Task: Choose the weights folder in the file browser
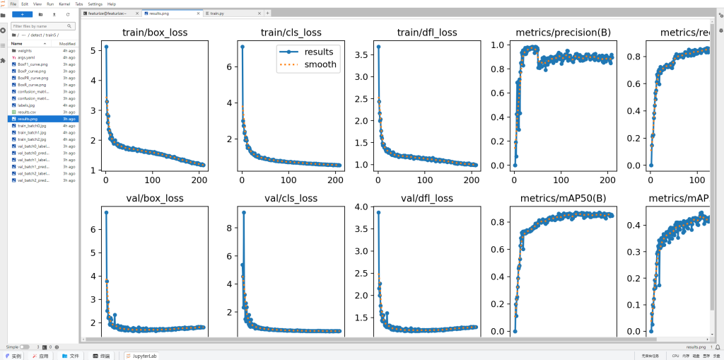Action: (24, 51)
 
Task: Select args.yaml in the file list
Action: (25, 57)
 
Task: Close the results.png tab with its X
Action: (197, 13)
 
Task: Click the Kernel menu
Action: (64, 4)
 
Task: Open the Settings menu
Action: (95, 4)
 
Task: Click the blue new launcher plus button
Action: (22, 13)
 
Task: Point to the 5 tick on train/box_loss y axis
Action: (95, 50)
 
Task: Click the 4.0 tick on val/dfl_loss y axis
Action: (365, 207)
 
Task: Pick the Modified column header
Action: (67, 43)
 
